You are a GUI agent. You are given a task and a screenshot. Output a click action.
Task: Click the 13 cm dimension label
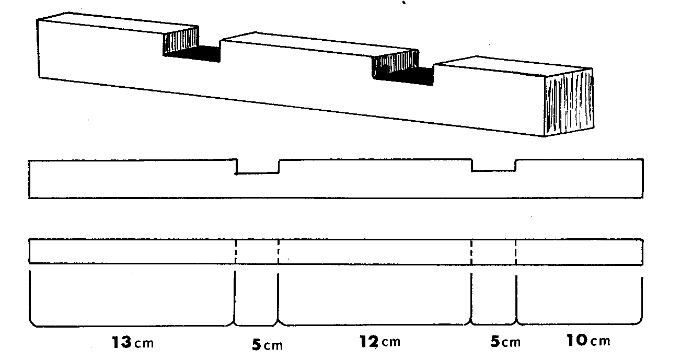[133, 342]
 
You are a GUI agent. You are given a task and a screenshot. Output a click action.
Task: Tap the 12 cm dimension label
[380, 342]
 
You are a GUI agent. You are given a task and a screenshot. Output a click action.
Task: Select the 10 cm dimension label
[589, 340]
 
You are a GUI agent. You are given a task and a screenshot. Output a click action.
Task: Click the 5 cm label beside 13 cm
[267, 345]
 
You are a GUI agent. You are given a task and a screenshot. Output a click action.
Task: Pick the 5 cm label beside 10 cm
[505, 342]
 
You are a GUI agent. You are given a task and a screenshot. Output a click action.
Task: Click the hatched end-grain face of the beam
[569, 102]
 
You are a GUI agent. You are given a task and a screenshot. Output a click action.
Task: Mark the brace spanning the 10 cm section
[579, 300]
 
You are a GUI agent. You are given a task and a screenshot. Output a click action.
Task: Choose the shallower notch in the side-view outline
[493, 165]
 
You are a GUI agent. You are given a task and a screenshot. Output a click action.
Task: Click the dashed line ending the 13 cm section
[236, 252]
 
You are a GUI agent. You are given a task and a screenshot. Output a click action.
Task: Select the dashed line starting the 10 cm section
[515, 252]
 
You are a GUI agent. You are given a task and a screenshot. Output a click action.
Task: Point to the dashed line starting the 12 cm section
[279, 252]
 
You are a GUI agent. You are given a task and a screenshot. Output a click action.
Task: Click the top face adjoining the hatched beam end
[513, 65]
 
